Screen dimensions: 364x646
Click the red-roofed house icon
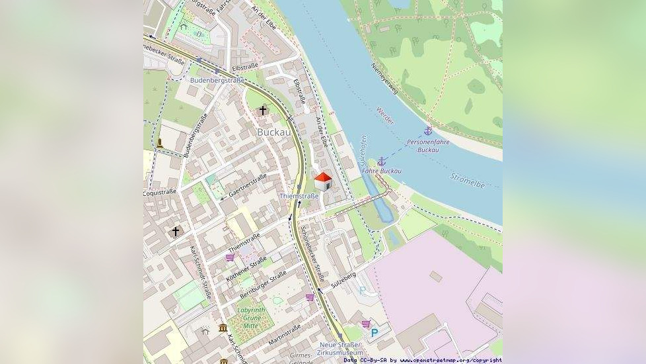tap(322, 181)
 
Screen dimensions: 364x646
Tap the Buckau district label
tap(273, 132)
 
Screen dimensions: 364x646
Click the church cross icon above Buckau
tap(263, 110)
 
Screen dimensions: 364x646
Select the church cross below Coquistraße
tap(175, 231)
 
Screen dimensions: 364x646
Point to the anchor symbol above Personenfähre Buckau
tap(427, 131)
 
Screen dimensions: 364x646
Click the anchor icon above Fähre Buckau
tap(381, 161)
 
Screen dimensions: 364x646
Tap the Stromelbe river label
tap(467, 179)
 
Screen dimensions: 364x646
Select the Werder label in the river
tap(384, 116)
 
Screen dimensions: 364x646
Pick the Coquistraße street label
tap(160, 192)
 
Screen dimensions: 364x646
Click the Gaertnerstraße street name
tap(248, 186)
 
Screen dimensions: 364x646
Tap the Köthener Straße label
tap(246, 268)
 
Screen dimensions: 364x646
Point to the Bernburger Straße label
tap(263, 283)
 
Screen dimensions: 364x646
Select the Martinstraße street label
tap(285, 334)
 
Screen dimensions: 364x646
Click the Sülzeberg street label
tap(343, 279)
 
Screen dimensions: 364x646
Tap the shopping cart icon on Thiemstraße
tap(230, 257)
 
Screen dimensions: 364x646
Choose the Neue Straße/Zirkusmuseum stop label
tap(340, 348)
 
